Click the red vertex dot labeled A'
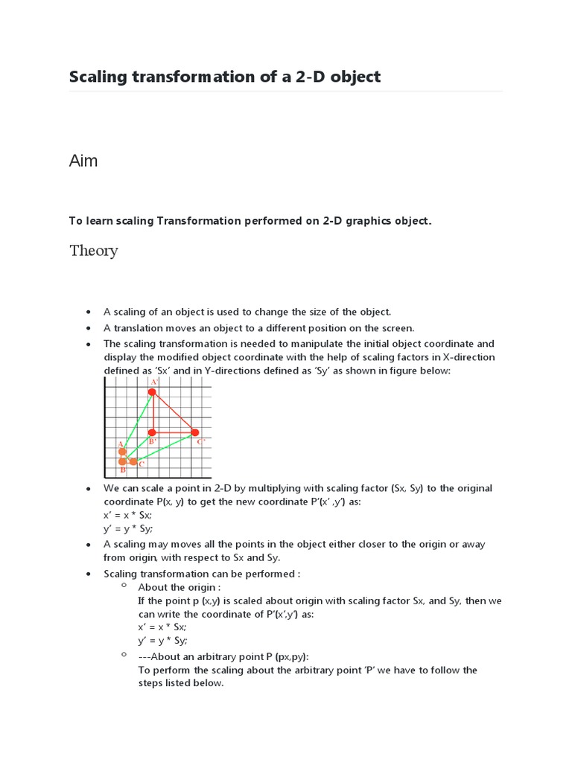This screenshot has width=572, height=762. pyautogui.click(x=153, y=392)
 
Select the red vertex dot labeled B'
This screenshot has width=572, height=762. pyautogui.click(x=152, y=432)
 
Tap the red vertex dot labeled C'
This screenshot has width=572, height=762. pyautogui.click(x=195, y=432)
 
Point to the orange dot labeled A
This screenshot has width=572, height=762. pyautogui.click(x=122, y=452)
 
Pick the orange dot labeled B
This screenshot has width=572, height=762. pyautogui.click(x=122, y=461)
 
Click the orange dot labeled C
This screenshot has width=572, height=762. pyautogui.click(x=133, y=462)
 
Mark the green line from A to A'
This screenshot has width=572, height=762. pyautogui.click(x=138, y=421)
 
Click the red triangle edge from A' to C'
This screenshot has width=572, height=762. pyautogui.click(x=174, y=412)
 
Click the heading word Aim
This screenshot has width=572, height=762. pyautogui.click(x=83, y=161)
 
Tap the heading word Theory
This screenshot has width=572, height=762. pyautogui.click(x=94, y=251)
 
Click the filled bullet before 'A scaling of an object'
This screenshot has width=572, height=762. pyautogui.click(x=89, y=313)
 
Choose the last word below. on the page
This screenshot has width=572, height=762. pyautogui.click(x=206, y=683)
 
